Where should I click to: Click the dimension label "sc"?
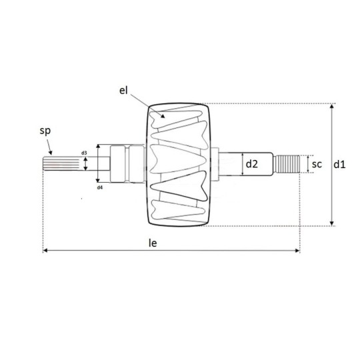pos(317,164)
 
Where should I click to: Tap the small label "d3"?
pos(84,153)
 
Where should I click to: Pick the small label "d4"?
pos(99,187)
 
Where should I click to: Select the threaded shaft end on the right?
pos(288,165)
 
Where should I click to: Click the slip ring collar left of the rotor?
pos(125,164)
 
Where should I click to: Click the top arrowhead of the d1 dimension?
pos(332,107)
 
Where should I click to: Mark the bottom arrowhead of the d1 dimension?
pos(332,223)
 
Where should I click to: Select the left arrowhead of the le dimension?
pos(46,251)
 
